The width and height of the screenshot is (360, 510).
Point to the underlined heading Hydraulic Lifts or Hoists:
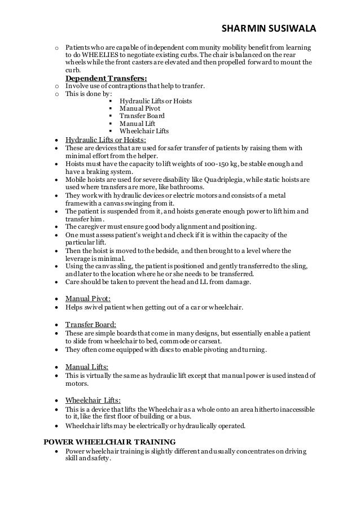(x=106, y=140)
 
